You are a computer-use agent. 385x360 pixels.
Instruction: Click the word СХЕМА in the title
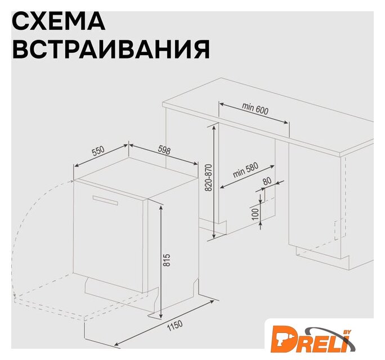59,21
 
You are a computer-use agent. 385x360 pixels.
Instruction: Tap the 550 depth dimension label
98,151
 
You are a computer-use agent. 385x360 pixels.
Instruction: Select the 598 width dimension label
164,150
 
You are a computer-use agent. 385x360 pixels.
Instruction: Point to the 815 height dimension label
167,260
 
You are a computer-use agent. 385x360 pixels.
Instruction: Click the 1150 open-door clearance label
174,326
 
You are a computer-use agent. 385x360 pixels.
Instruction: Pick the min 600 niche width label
255,109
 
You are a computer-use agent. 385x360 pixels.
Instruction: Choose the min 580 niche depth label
245,170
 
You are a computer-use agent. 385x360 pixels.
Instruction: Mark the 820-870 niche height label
208,177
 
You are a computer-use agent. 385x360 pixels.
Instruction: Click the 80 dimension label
267,181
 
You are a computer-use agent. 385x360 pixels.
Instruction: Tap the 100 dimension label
256,214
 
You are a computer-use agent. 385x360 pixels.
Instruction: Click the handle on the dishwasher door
105,200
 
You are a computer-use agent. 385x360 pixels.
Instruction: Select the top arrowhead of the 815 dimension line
161,208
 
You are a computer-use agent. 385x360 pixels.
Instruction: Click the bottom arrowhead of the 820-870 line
214,236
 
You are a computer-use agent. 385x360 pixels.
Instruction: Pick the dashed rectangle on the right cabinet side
341,229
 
